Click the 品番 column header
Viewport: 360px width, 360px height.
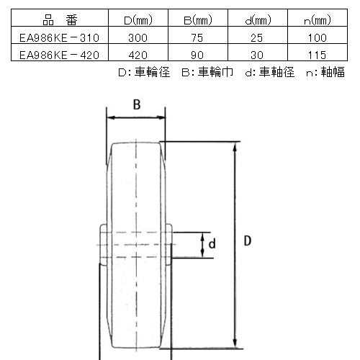(x=60, y=20)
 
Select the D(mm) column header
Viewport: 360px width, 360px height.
(x=138, y=20)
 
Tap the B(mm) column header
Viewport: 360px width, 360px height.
(x=198, y=20)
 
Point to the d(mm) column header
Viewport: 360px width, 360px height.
(x=258, y=20)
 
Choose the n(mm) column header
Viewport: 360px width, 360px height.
(x=318, y=20)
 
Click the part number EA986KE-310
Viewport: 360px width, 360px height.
(x=59, y=38)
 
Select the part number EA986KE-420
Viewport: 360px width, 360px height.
(x=59, y=55)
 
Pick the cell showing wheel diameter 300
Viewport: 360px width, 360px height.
(x=138, y=38)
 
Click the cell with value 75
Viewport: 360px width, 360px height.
(x=197, y=38)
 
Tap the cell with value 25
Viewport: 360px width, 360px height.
(x=257, y=38)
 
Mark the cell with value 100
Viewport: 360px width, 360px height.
(x=318, y=38)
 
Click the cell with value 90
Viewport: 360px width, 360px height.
(x=197, y=55)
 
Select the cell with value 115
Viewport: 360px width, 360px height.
(x=317, y=55)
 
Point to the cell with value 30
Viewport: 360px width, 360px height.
(x=257, y=55)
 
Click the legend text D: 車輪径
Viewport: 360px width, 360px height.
(x=144, y=72)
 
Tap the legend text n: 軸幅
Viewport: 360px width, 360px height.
(x=325, y=72)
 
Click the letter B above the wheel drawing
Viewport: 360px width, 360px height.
(x=137, y=104)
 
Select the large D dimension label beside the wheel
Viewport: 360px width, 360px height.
(x=248, y=240)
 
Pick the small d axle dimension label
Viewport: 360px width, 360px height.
(x=212, y=244)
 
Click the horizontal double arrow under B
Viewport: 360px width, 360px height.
(x=136, y=117)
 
